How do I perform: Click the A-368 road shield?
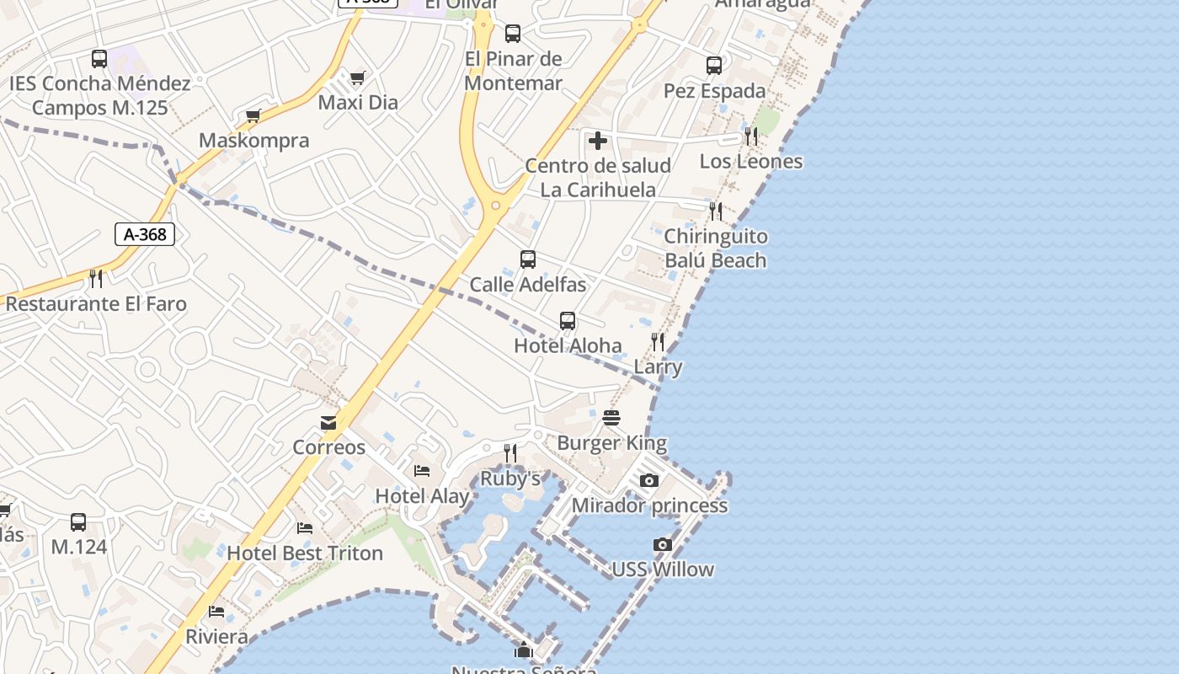coord(145,234)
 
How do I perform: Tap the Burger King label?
coord(612,443)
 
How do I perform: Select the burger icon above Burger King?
coord(612,418)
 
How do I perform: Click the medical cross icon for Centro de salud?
coord(598,140)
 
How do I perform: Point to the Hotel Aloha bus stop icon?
coord(568,321)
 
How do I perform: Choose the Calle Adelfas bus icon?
coord(528,259)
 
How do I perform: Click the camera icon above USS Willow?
coord(663,544)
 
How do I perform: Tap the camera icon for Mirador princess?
coord(649,480)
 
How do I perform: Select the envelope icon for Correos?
coord(328,422)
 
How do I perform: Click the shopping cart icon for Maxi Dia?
coord(358,78)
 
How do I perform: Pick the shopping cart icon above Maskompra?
coord(253,115)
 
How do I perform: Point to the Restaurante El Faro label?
coord(96,304)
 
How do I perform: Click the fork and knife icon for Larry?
coord(658,342)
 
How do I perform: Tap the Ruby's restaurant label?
coord(510,479)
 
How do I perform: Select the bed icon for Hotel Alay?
coord(422,471)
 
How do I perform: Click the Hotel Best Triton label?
coord(305,554)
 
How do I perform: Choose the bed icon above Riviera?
coord(217,612)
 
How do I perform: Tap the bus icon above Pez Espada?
coord(714,66)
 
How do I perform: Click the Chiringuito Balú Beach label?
coord(716,249)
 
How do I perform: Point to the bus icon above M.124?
coord(78,522)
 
